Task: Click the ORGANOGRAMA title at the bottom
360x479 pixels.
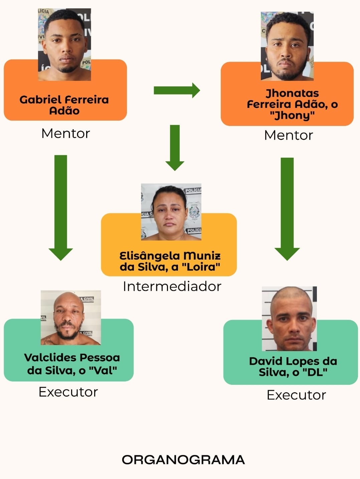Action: pos(183,460)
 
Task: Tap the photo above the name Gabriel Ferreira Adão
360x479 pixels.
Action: pos(64,45)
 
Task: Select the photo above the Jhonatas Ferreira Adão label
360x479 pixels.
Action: pos(287,46)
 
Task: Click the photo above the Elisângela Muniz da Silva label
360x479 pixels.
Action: pos(171,212)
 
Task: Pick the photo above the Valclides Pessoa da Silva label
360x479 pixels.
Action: pos(70,318)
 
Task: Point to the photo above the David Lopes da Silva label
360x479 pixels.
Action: pos(289,318)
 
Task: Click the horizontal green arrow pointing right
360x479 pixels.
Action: pos(176,90)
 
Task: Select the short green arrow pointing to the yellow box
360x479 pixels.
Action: pos(175,147)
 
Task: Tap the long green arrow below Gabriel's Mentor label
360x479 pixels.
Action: pos(61,207)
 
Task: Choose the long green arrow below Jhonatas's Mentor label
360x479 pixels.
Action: pos(287,208)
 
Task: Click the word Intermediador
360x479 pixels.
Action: pos(172,286)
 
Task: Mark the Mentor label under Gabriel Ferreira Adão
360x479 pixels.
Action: pos(65,133)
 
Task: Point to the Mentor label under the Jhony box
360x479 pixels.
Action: pos(288,135)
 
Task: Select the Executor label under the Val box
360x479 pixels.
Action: pos(68,392)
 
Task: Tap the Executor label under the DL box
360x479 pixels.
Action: pos(296,395)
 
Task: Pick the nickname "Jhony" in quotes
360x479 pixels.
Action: pos(292,116)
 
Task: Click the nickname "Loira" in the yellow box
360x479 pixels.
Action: pos(201,267)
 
